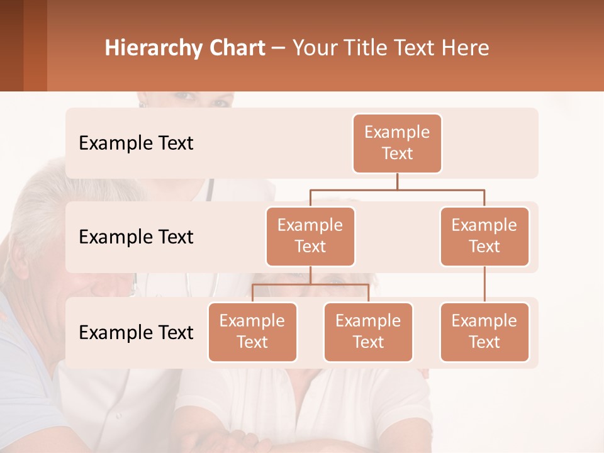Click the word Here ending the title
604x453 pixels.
pyautogui.click(x=466, y=48)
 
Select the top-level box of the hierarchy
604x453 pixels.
pyautogui.click(x=397, y=143)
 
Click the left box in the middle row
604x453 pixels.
pyautogui.click(x=310, y=237)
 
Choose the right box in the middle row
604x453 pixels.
pyautogui.click(x=484, y=237)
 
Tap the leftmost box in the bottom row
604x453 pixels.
pyautogui.click(x=252, y=332)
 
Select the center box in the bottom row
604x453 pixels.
pyautogui.click(x=368, y=332)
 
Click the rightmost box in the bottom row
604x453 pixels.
pyautogui.click(x=484, y=332)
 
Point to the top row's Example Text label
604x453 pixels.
pyautogui.click(x=136, y=143)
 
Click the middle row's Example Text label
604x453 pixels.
pyautogui.click(x=136, y=237)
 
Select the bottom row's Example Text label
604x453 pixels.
pyautogui.click(x=136, y=333)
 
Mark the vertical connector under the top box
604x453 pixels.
pyautogui.click(x=397, y=181)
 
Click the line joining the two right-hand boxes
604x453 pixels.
pyautogui.click(x=484, y=284)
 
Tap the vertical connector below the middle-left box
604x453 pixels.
pyautogui.click(x=310, y=276)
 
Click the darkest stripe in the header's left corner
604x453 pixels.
pyautogui.click(x=11, y=45)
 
